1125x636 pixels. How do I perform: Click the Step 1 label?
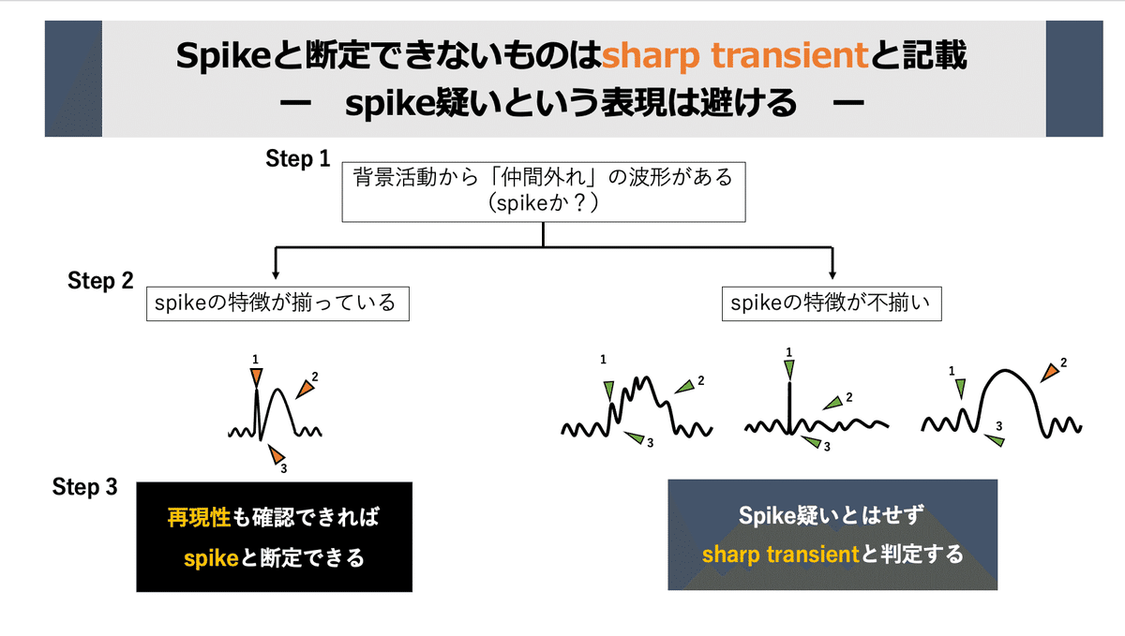[297, 159]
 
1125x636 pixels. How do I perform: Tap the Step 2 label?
[100, 280]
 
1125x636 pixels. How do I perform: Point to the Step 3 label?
[85, 487]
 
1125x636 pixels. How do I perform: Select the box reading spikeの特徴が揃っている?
[277, 303]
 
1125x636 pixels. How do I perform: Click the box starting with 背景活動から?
[544, 190]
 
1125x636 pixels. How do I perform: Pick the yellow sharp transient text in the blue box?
[780, 555]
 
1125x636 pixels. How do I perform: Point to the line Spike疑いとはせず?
[832, 516]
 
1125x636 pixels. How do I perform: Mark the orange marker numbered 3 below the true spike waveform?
[276, 454]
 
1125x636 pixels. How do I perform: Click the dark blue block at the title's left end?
[73, 79]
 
